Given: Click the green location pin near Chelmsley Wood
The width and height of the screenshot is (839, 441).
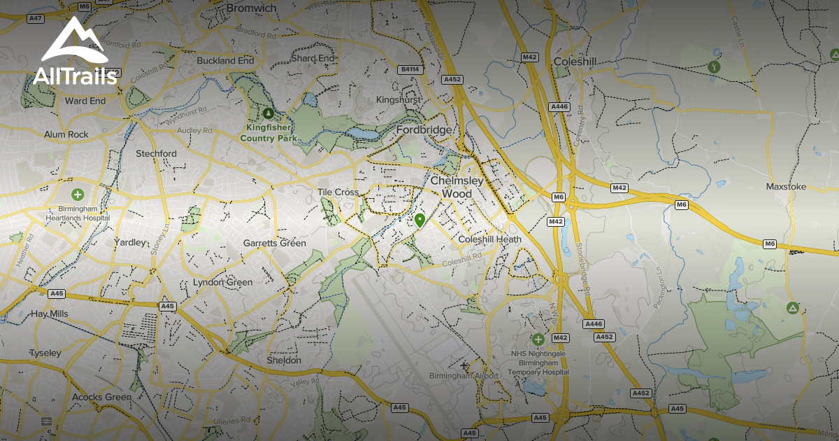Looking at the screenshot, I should [419, 220].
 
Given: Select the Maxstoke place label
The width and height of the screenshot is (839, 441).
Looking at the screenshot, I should [786, 187].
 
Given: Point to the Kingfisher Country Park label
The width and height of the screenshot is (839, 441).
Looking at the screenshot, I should [268, 134].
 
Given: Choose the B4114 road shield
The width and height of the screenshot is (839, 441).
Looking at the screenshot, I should [410, 69].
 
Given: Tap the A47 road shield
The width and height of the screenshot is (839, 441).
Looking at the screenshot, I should [36, 19].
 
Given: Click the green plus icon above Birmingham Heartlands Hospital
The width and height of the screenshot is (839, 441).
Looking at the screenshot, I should [78, 194].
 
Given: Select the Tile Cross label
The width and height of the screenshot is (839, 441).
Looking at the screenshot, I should [338, 192].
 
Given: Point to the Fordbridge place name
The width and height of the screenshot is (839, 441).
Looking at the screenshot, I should [424, 130].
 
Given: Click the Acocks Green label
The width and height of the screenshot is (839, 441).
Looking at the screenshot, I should [101, 397].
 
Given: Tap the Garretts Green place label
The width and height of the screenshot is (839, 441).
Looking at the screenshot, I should [274, 244].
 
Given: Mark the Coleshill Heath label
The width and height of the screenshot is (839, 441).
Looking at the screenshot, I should [489, 239].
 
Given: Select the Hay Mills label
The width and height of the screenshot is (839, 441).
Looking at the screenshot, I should [50, 314].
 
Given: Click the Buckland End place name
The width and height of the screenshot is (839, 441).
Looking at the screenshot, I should [225, 61].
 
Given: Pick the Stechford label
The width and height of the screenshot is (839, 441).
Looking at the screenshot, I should [156, 153].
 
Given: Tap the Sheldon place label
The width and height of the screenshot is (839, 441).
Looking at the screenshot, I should [284, 360].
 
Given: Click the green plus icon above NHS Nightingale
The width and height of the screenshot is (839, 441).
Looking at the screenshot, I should [538, 339].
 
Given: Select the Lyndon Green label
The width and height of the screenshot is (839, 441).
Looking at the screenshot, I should [222, 282].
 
